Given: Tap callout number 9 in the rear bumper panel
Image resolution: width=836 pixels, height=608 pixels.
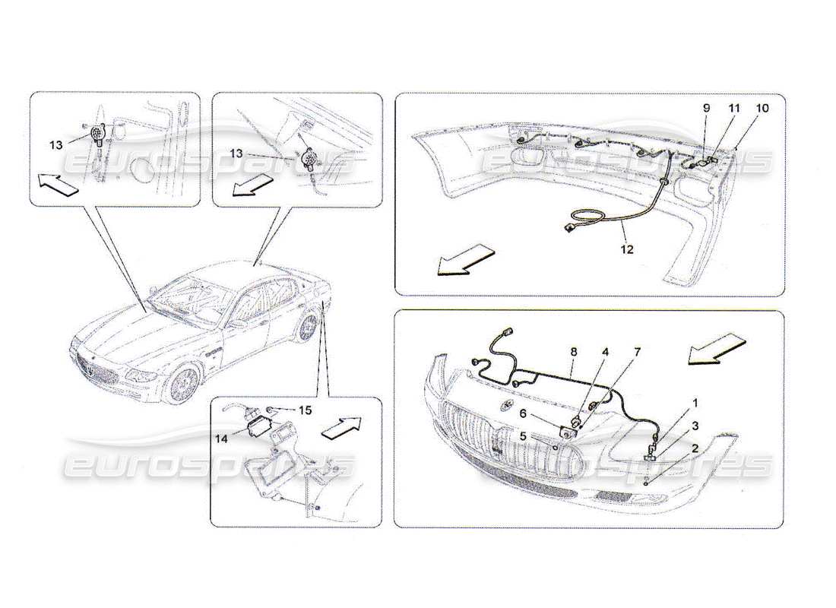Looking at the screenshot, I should point(705,109).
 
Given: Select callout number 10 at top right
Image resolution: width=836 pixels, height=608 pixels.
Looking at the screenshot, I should point(762,109).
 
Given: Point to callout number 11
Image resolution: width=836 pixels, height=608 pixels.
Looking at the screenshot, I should point(733,109).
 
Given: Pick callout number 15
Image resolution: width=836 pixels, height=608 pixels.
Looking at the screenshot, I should point(304,410).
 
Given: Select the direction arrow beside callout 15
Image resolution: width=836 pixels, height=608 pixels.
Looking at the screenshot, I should point(340,428).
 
